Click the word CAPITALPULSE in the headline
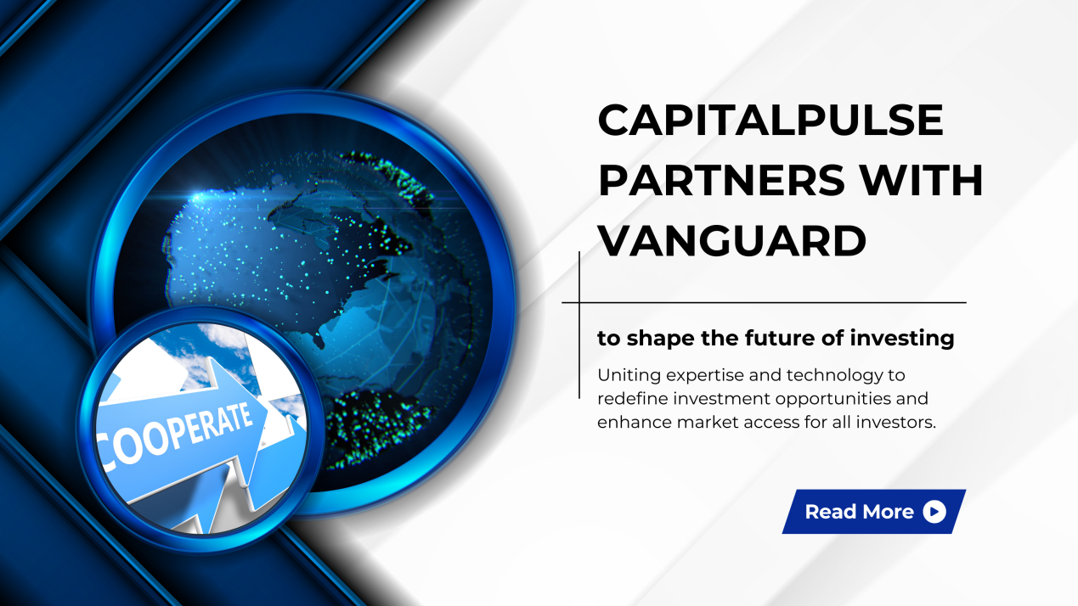770,120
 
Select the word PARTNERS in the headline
721,180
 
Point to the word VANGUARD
732,240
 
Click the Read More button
874,511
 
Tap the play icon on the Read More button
934,511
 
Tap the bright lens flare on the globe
197,197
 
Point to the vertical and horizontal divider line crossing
579,302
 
